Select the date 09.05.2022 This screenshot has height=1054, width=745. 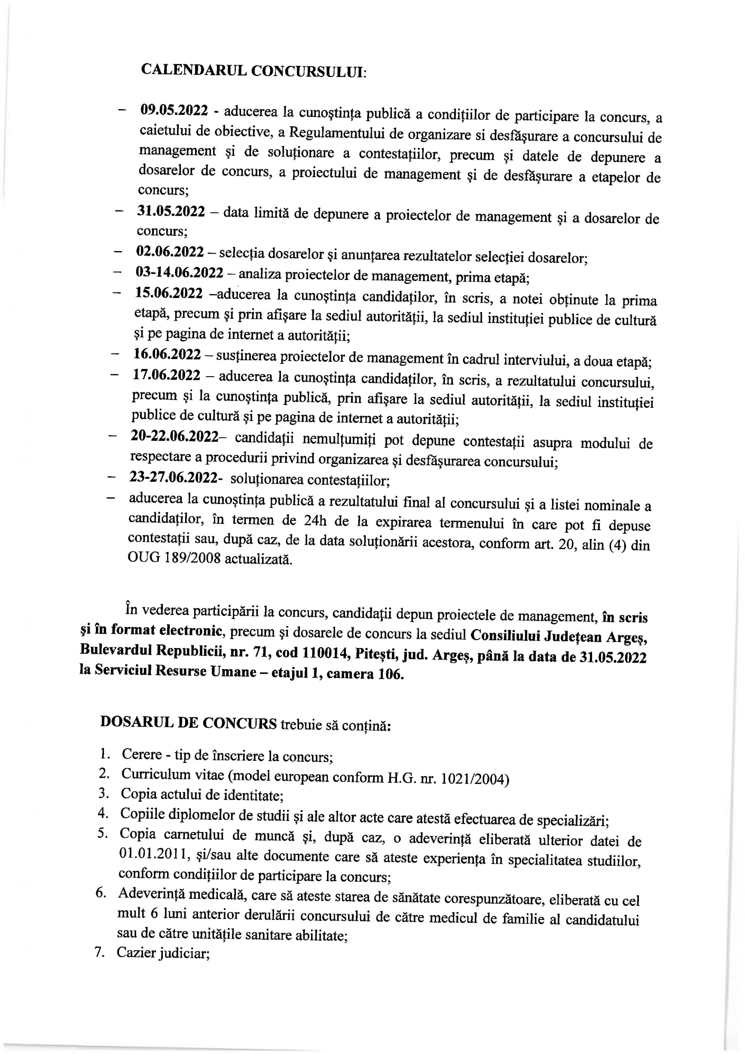[174, 111]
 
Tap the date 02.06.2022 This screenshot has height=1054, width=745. [170, 252]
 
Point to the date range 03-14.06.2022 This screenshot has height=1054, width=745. [179, 272]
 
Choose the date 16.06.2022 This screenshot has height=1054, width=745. [167, 354]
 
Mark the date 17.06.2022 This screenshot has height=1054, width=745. [167, 375]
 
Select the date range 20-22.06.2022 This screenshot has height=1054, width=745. [174, 436]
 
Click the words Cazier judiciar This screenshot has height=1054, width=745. [163, 953]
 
